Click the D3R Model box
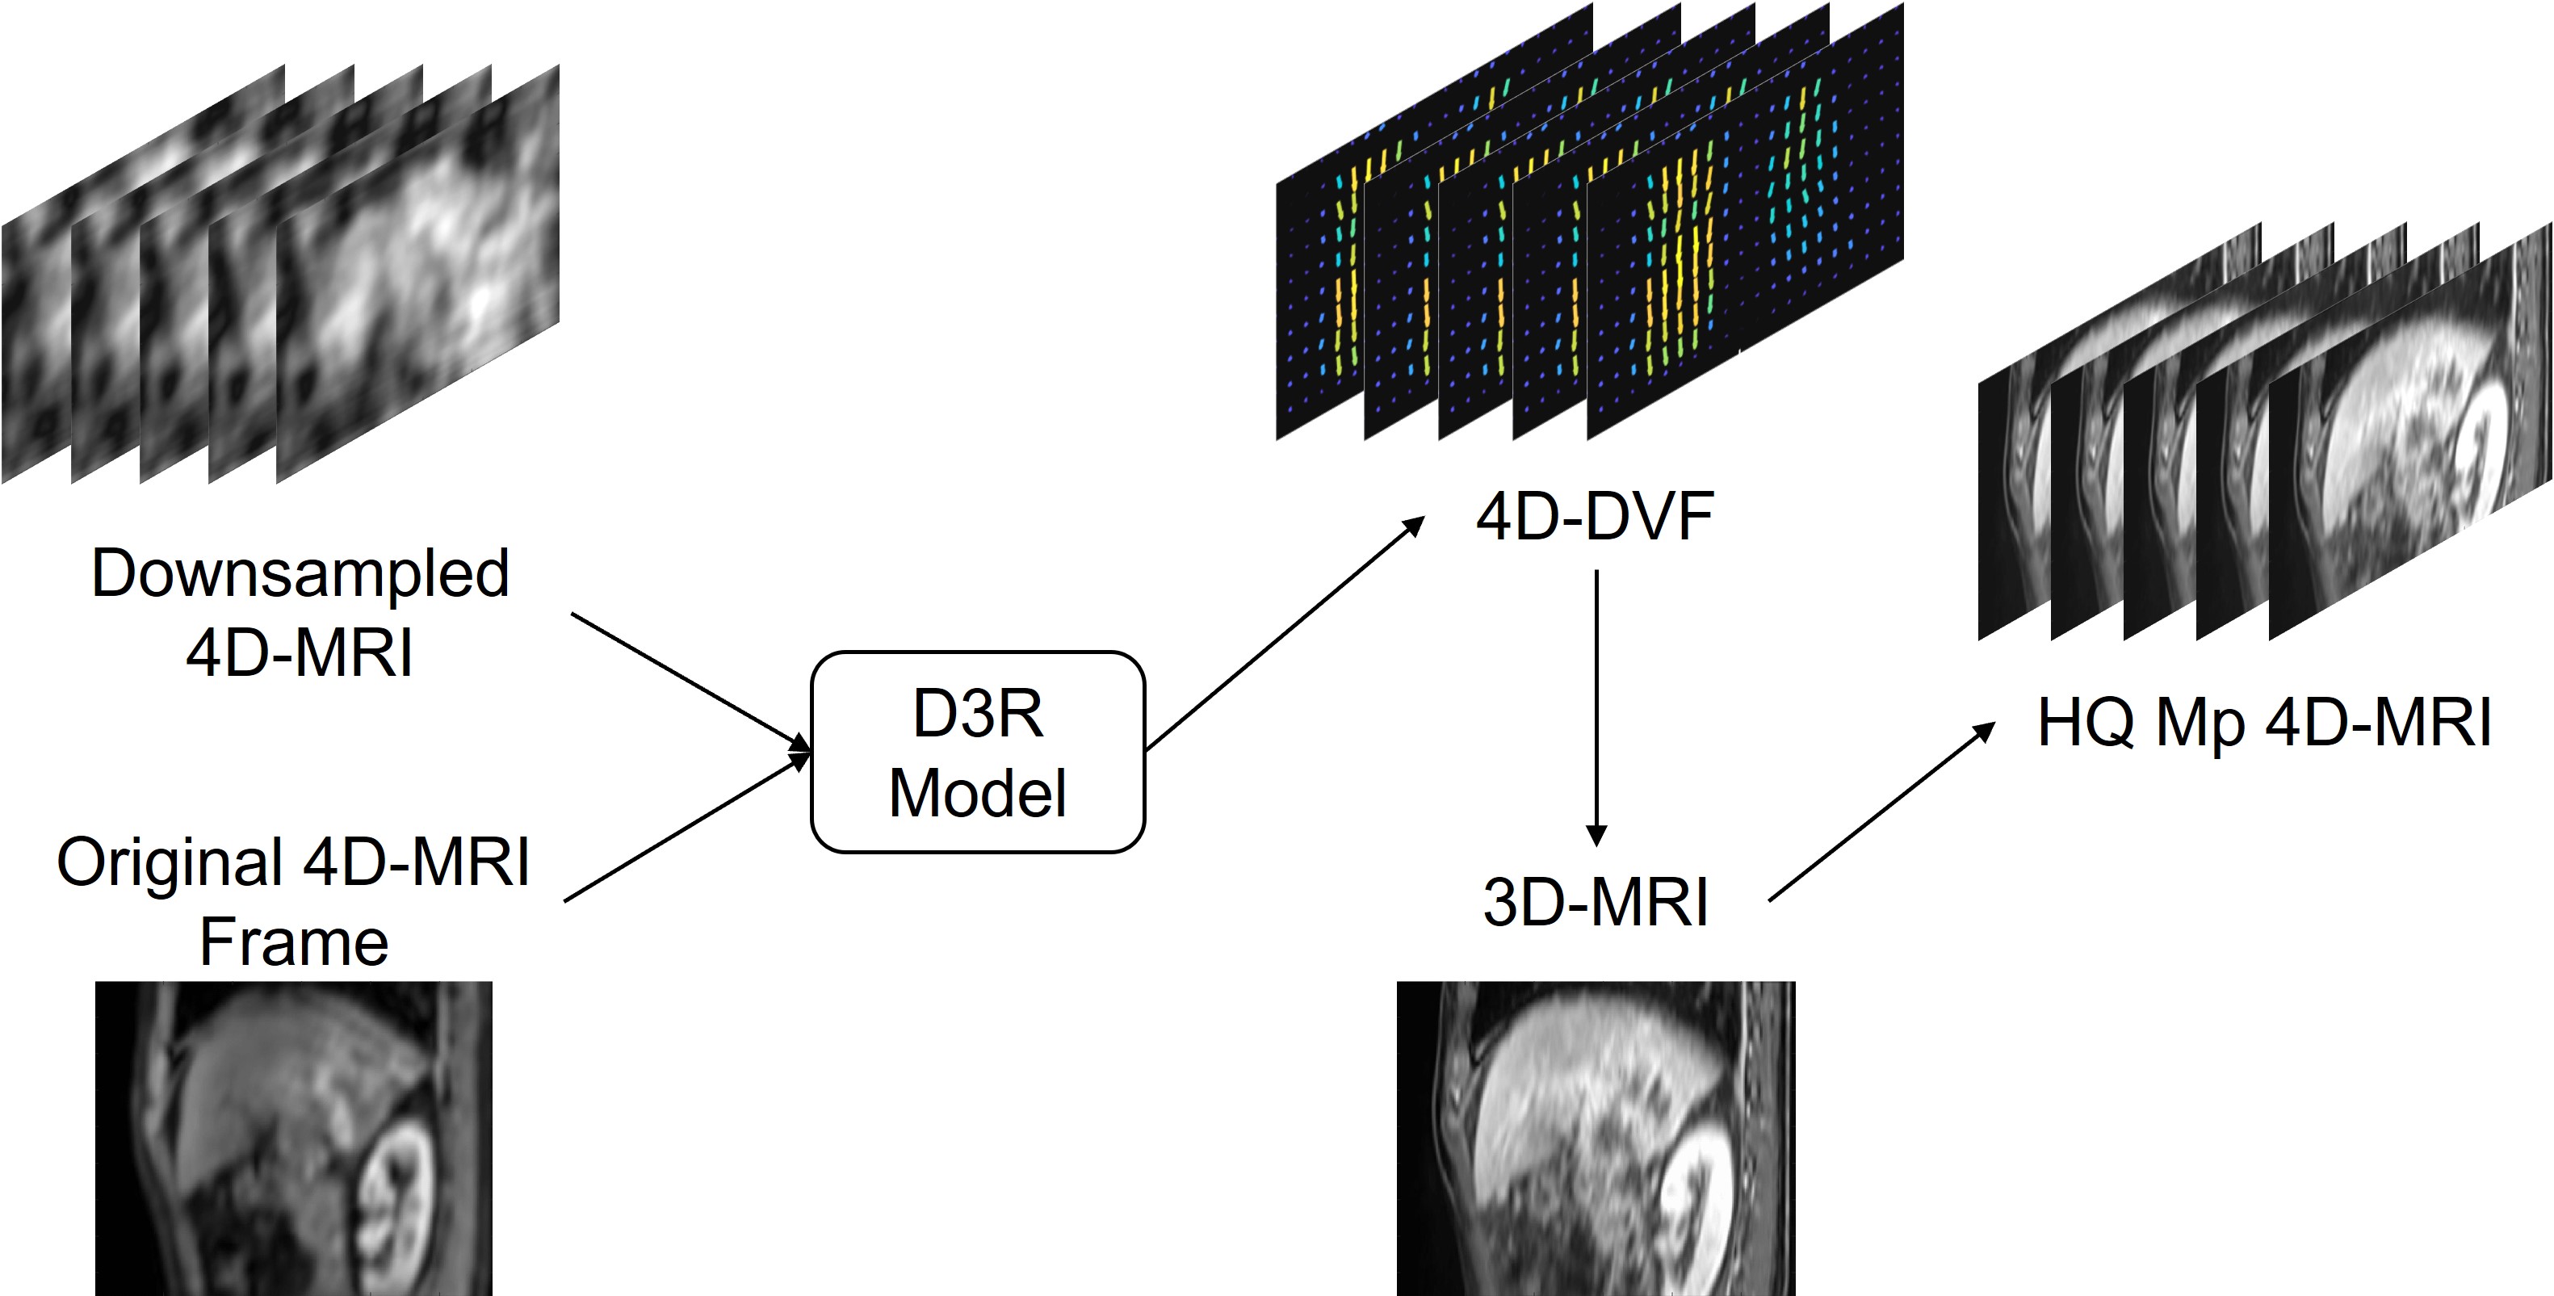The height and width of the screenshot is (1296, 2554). click(978, 752)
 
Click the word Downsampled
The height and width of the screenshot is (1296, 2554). click(300, 574)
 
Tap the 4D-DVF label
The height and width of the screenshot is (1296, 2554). click(1594, 518)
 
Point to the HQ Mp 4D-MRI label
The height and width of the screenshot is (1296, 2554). click(2263, 723)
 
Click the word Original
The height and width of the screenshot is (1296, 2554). click(170, 862)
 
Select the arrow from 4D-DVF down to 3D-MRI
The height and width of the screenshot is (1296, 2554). click(1596, 704)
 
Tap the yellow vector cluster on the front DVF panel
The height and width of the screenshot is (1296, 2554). click(1675, 268)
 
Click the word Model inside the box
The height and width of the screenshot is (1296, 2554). click(978, 793)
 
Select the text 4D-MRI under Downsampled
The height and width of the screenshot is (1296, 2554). click(300, 653)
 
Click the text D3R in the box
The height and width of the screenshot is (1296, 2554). click(978, 714)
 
